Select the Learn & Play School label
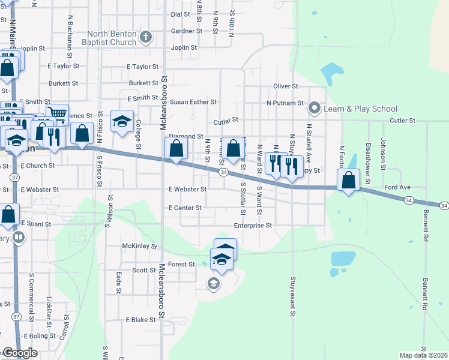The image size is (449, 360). tap(360, 109)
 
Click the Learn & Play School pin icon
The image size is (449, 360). tap(313, 109)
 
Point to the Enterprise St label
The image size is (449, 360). tap(253, 226)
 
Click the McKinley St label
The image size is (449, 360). tap(139, 246)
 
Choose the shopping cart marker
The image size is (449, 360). tap(57, 112)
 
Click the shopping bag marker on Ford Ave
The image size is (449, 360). tap(349, 179)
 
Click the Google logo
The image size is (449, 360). tap(20, 353)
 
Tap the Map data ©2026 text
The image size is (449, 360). tap(423, 355)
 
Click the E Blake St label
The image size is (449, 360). tap(140, 320)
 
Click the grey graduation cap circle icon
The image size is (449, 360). tap(213, 283)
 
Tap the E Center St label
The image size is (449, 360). tap(185, 208)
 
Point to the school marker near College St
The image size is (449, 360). tap(122, 121)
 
